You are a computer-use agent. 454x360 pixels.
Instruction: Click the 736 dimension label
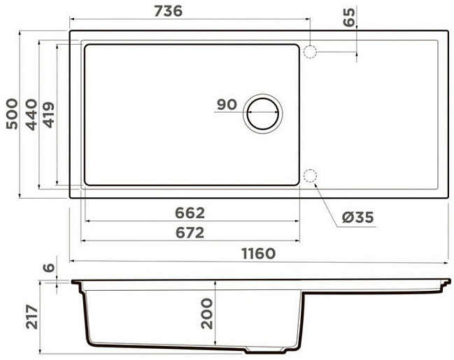(168, 11)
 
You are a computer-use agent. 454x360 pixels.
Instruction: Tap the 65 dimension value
(349, 17)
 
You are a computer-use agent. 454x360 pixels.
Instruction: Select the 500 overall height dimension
(12, 114)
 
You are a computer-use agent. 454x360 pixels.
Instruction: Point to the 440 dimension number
(31, 115)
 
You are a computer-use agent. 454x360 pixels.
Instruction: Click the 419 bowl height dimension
(49, 115)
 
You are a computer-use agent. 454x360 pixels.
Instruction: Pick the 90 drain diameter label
(227, 104)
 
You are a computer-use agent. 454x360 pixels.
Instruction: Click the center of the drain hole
(263, 114)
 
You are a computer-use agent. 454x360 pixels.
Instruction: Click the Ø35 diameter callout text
(358, 217)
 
